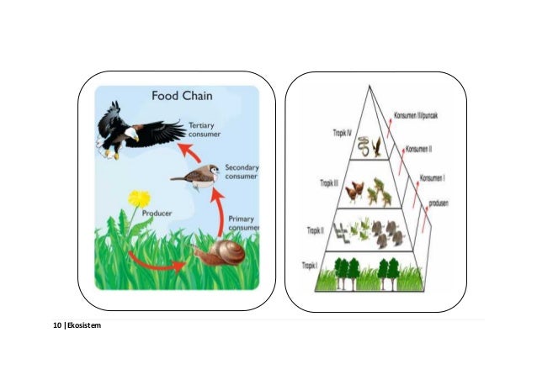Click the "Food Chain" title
tap(181, 96)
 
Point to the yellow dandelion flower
tap(139, 199)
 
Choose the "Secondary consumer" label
tap(242, 172)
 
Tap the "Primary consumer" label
tap(242, 223)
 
